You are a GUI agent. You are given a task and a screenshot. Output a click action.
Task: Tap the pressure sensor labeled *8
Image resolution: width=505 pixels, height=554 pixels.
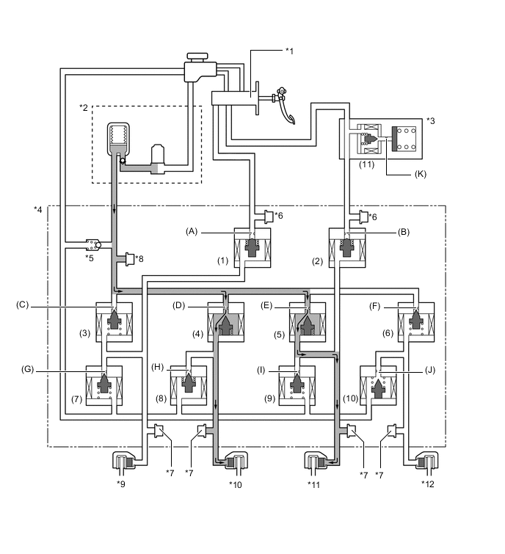point(131,258)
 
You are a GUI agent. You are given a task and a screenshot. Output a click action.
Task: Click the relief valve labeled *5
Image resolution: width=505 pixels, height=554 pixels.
point(92,242)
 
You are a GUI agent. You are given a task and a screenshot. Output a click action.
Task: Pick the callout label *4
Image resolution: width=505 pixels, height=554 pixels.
point(38,209)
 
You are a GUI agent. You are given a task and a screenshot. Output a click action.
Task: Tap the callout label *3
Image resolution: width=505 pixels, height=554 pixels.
point(432,120)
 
